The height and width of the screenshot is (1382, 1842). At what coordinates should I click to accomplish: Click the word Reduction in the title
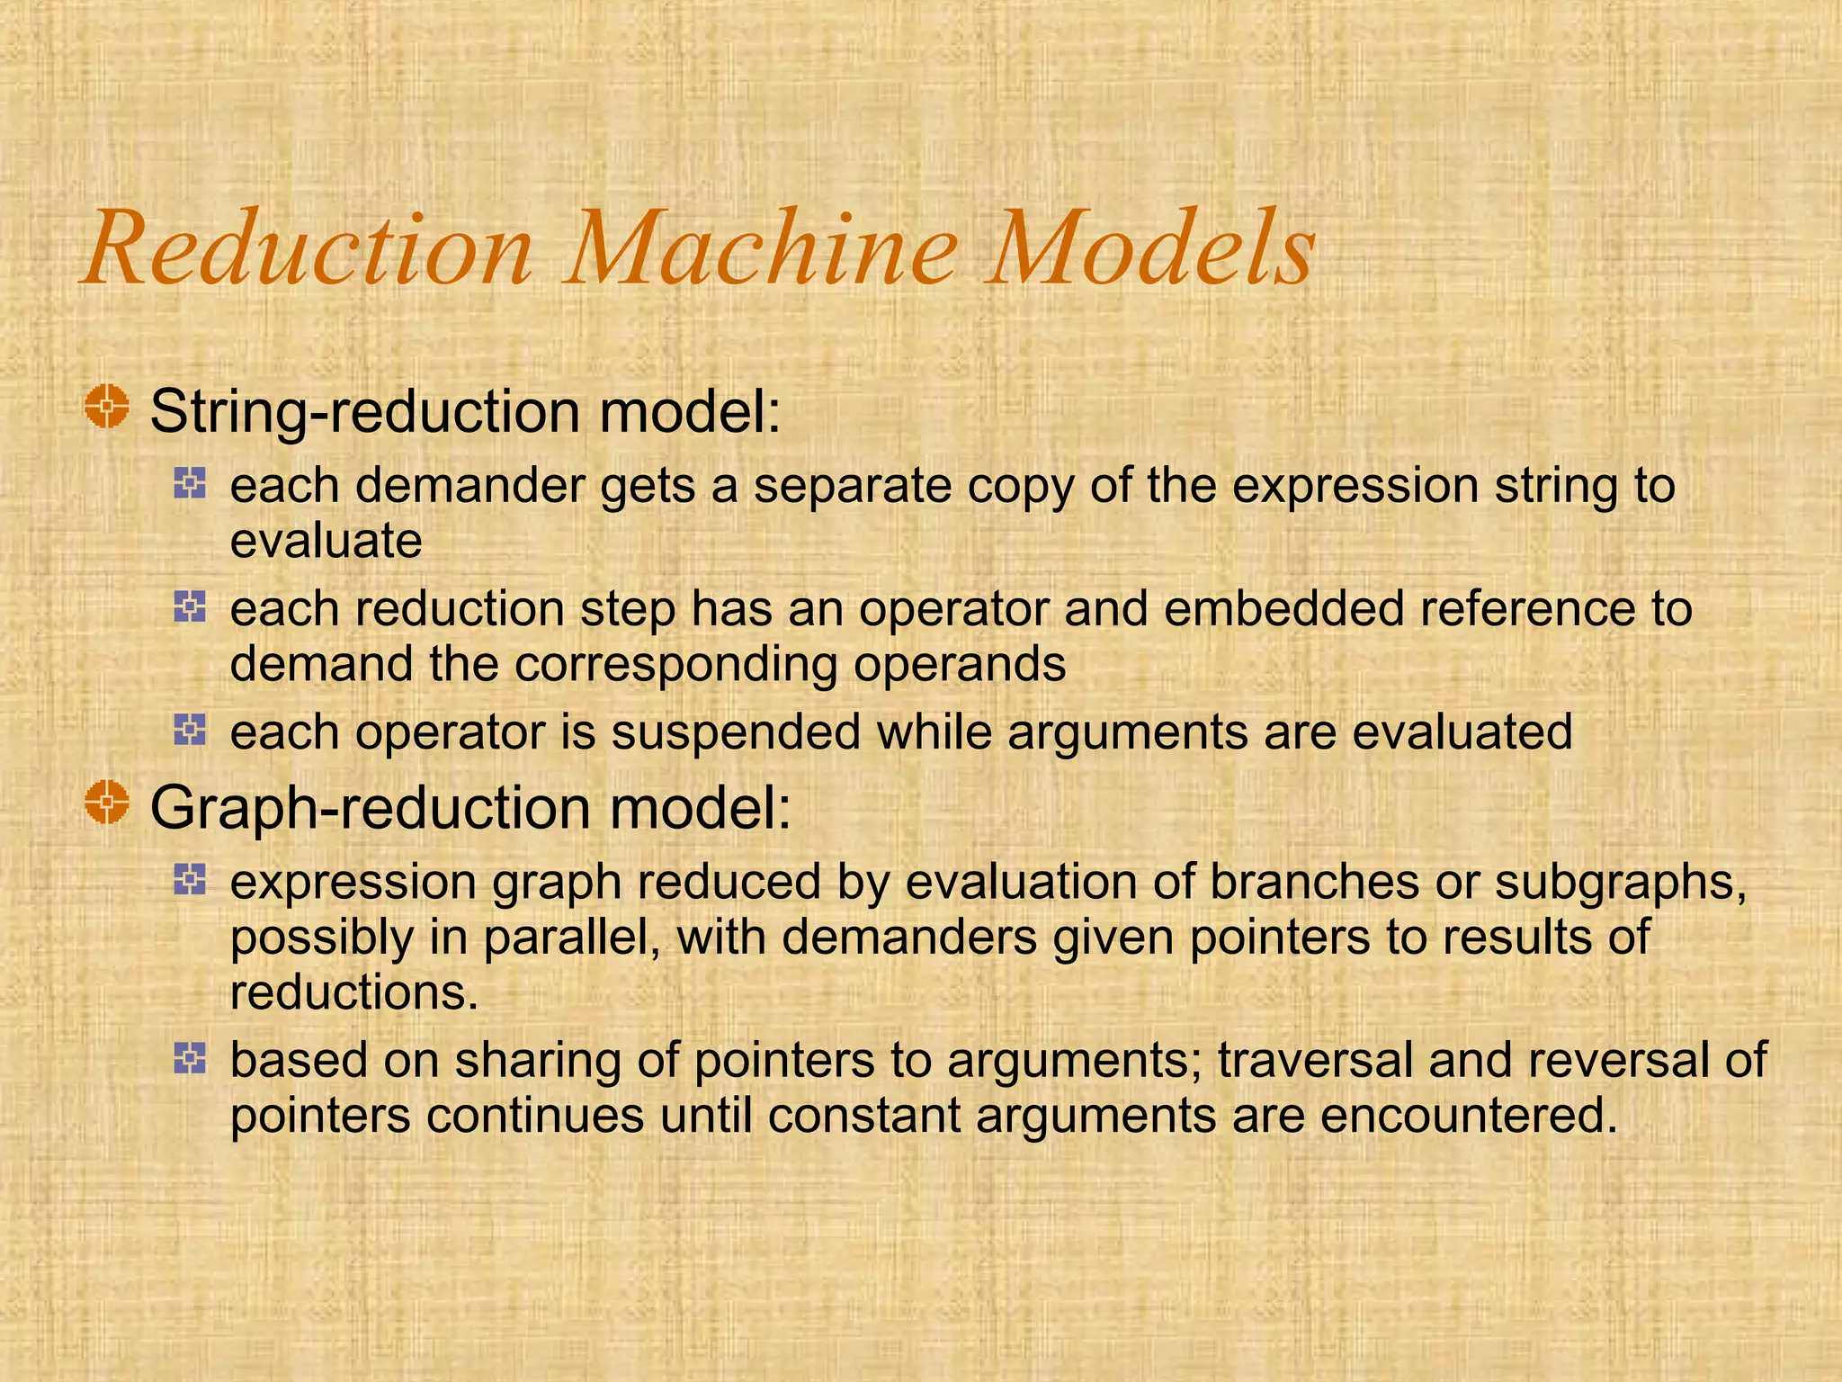tap(309, 248)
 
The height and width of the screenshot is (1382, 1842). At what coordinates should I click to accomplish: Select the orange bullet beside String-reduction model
tap(107, 407)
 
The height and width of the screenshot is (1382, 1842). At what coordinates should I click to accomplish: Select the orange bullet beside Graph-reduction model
tap(107, 802)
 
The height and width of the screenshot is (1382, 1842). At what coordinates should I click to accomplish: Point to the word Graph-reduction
tap(369, 807)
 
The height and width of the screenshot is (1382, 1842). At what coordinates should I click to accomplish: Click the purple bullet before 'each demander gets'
tap(190, 484)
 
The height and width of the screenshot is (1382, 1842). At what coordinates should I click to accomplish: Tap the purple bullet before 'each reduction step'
tap(190, 607)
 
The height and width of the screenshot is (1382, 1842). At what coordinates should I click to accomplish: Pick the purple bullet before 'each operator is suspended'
tap(190, 730)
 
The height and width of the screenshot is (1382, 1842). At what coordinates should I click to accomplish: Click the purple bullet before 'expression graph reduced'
tap(190, 879)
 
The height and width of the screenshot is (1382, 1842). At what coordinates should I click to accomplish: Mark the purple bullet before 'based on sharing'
tap(190, 1058)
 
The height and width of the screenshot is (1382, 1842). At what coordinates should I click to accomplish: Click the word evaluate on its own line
tap(326, 541)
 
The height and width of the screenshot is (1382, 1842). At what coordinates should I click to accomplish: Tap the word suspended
tap(735, 731)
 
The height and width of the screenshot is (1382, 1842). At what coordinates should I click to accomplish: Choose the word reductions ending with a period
tap(353, 992)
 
